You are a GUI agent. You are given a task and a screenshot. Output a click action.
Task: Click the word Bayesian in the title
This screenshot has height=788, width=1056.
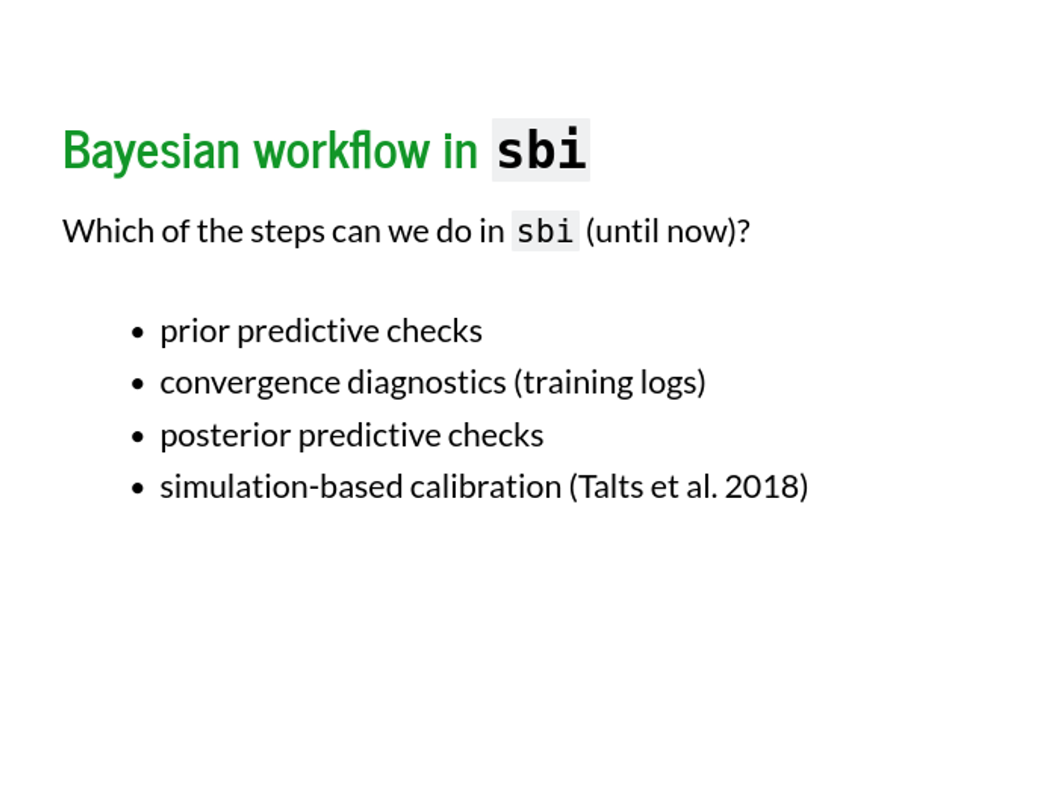(x=151, y=151)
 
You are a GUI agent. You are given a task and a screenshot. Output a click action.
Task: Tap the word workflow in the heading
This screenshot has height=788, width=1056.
(x=342, y=150)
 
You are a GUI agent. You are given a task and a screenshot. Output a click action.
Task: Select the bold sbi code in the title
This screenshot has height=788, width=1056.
(x=541, y=150)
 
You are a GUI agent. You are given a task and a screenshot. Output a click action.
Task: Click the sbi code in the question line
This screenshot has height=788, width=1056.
(x=545, y=231)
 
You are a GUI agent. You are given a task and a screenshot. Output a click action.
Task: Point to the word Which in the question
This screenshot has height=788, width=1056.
(x=108, y=231)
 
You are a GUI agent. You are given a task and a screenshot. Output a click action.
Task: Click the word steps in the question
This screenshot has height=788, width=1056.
(x=287, y=232)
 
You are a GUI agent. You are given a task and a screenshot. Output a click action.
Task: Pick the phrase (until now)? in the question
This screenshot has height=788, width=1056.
(x=668, y=231)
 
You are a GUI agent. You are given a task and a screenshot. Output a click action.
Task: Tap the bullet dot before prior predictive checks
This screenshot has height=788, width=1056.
(x=138, y=333)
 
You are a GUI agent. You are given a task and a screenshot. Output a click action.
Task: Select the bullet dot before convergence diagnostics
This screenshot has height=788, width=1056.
(x=138, y=384)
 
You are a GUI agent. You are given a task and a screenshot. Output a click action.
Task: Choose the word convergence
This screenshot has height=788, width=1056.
(x=250, y=384)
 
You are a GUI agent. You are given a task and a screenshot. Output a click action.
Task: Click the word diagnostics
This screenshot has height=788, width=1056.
(x=427, y=383)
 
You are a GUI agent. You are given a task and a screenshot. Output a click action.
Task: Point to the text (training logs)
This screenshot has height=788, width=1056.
(x=609, y=383)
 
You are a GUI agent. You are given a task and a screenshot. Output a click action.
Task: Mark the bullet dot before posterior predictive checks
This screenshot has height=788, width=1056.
(x=138, y=436)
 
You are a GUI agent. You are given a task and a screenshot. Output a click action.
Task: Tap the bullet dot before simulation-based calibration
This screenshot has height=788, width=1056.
(x=138, y=488)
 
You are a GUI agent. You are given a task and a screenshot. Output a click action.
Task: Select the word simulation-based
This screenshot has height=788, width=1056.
(x=281, y=487)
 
